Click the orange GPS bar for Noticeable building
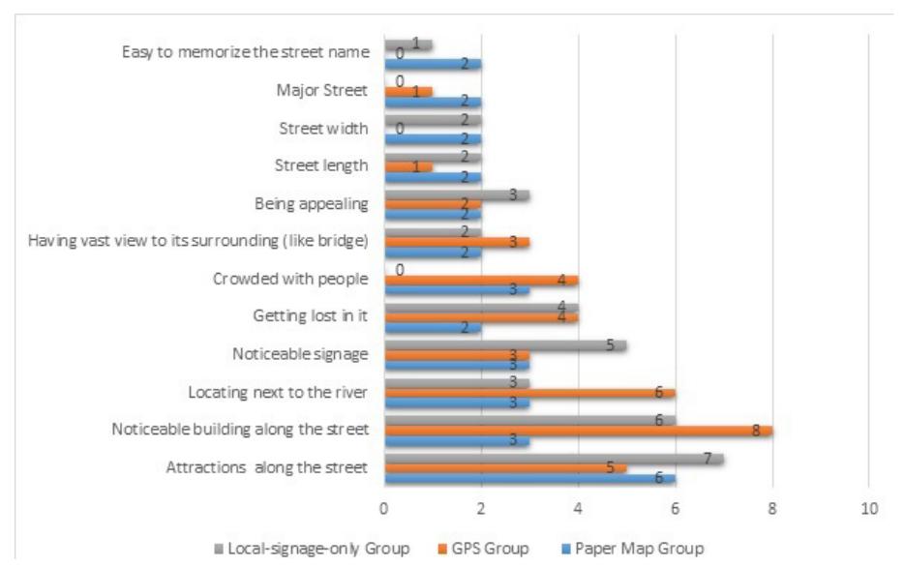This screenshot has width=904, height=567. [x=578, y=430]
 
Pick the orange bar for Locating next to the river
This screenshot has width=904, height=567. [x=529, y=392]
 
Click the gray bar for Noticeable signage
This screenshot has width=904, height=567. [x=505, y=345]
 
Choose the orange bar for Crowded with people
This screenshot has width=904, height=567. [x=481, y=281]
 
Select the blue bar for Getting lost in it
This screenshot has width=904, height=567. [x=433, y=328]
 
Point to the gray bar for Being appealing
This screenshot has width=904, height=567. [x=457, y=194]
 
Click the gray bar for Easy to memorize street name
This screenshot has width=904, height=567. [x=407, y=45]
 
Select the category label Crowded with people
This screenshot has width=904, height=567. [x=290, y=279]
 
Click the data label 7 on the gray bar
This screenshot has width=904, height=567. [x=708, y=458]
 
